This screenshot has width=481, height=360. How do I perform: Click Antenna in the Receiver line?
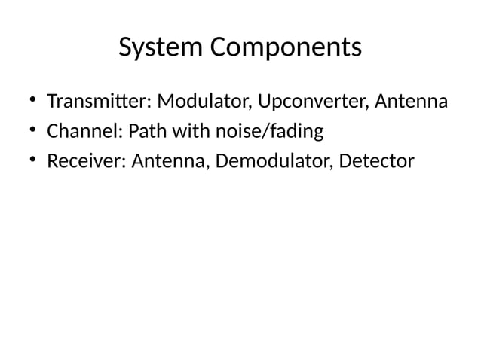click(x=168, y=162)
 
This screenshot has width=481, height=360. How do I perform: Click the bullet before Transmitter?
click(x=34, y=101)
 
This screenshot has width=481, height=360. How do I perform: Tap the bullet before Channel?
click(x=34, y=132)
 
